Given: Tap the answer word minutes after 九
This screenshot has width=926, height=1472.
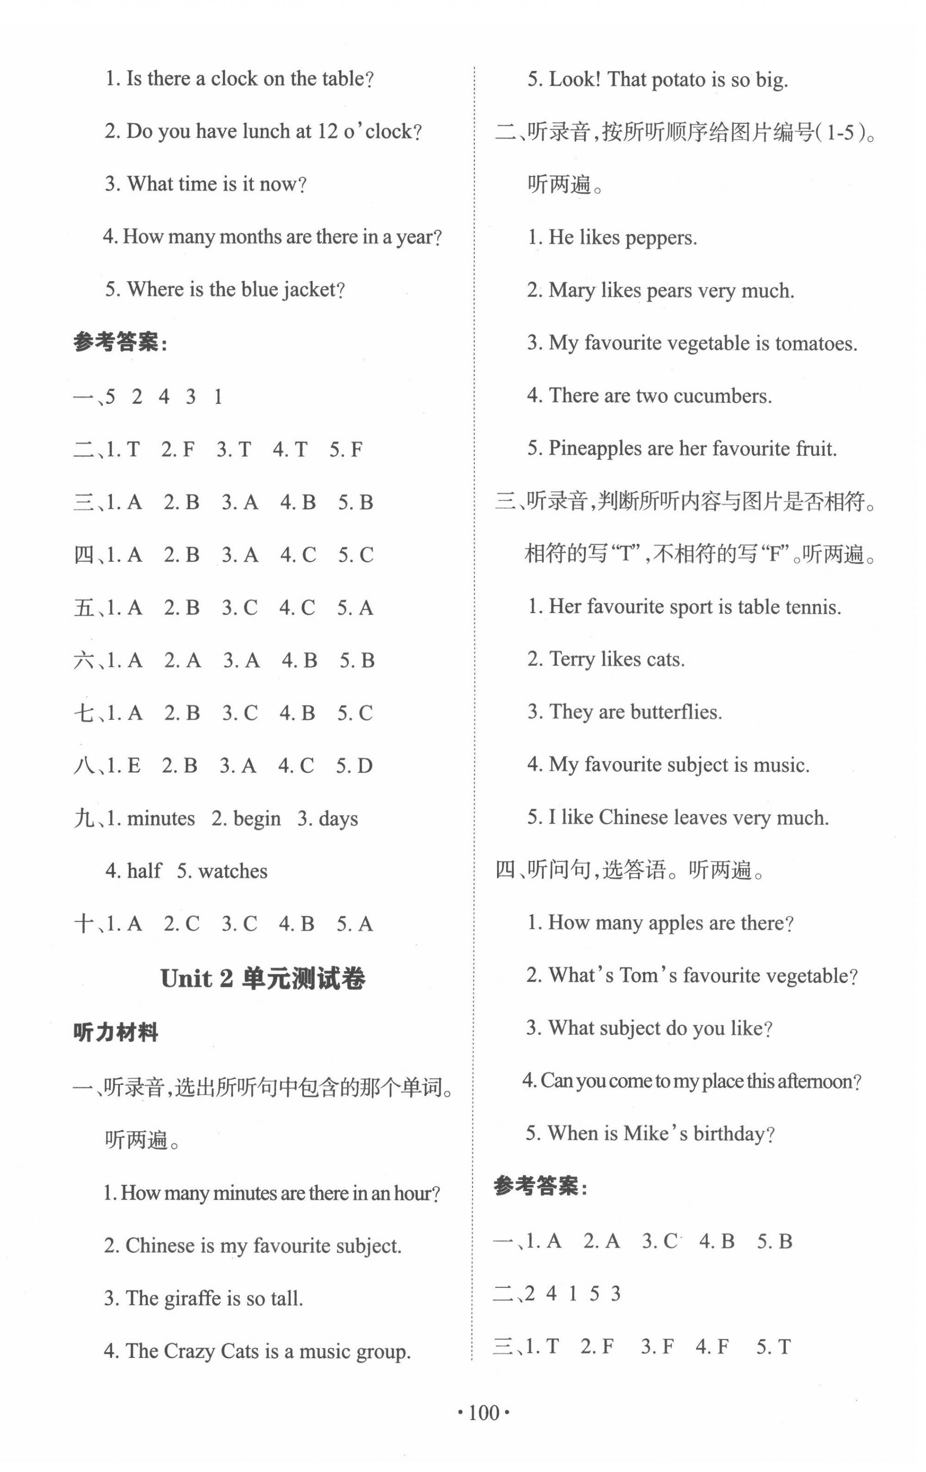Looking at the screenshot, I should click(x=161, y=819).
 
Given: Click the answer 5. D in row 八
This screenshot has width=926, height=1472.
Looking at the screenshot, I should click(x=354, y=766).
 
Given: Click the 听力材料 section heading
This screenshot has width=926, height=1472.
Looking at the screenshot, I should click(x=116, y=1033).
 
